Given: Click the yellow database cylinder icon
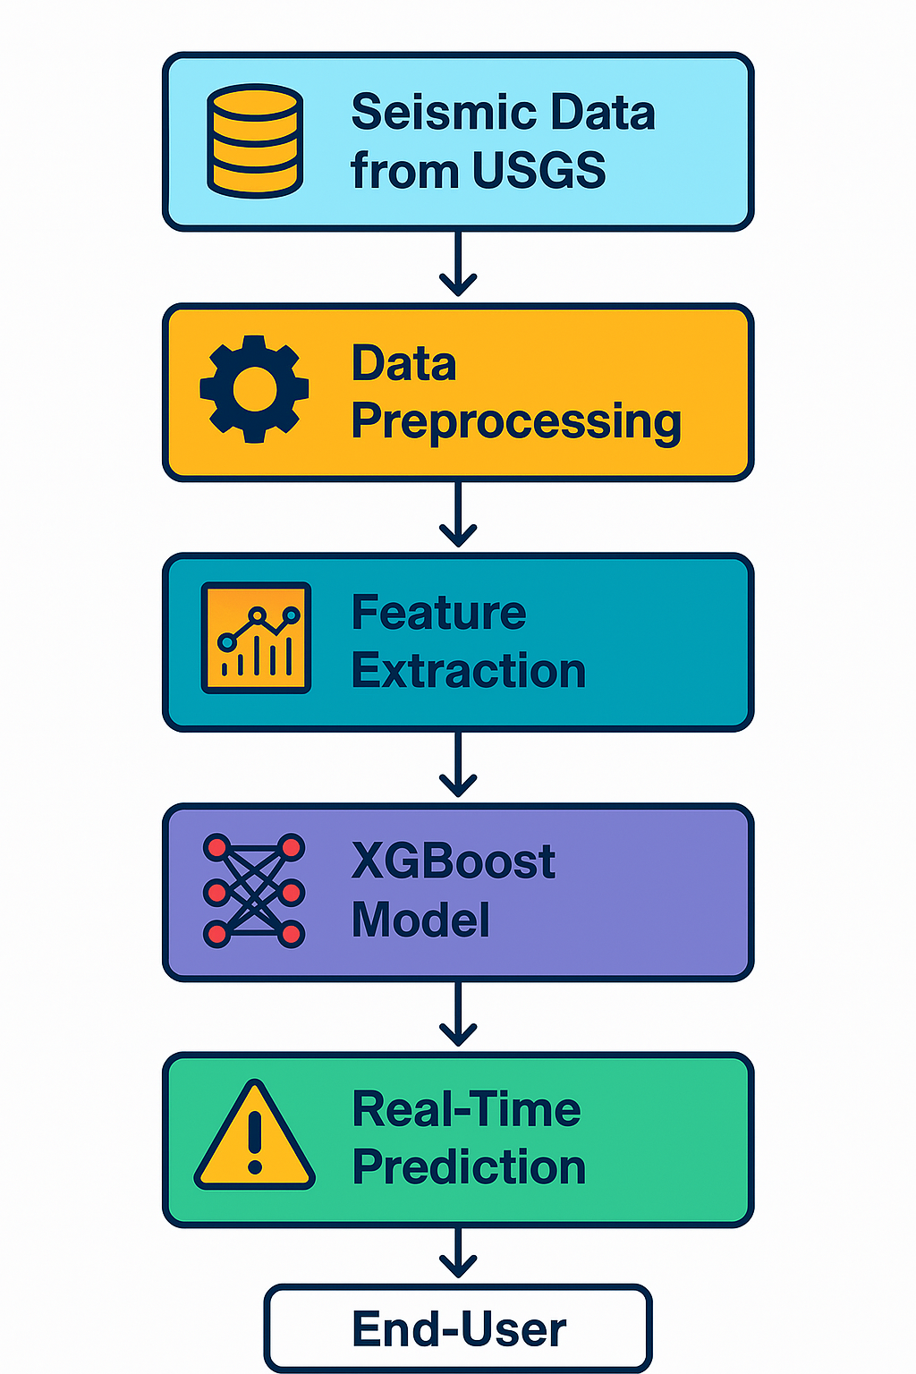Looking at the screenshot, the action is (x=255, y=140).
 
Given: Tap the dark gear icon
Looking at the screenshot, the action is (x=255, y=389).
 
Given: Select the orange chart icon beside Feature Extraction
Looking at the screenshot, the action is (x=256, y=638).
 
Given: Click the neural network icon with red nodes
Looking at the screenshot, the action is (x=254, y=890).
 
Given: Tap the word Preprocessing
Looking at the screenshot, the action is (x=516, y=421).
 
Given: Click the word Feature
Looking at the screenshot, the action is (x=438, y=612).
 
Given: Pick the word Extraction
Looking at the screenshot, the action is (x=469, y=670).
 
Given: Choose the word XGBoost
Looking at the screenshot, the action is (x=454, y=861).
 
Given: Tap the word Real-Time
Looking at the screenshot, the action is (x=466, y=1109).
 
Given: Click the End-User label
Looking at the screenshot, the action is (x=459, y=1330).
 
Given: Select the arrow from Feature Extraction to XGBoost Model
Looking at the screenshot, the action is (x=458, y=764).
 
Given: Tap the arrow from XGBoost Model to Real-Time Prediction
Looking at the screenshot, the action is (x=458, y=1014).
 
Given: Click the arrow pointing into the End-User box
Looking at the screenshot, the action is (x=458, y=1253).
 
